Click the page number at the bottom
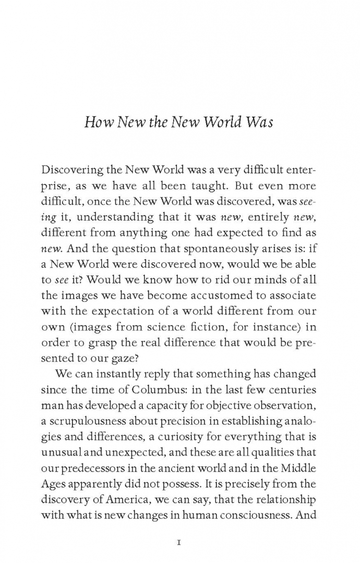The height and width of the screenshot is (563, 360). coord(179,528)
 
